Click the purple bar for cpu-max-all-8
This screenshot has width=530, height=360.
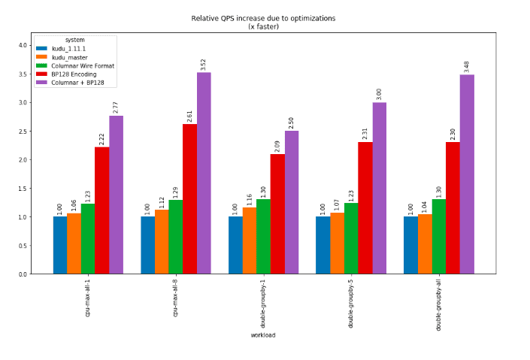click(204, 173)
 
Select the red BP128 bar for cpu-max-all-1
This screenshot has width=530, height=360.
click(101, 210)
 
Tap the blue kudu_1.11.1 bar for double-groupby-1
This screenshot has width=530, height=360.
click(235, 245)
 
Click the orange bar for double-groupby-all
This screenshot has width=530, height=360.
click(425, 244)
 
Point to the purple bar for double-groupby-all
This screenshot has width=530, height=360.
click(467, 174)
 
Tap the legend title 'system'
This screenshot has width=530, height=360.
click(74, 40)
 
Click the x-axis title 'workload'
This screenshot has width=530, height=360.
click(263, 335)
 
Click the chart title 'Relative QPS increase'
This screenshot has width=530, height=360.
click(263, 17)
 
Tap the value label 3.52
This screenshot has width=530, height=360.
click(204, 62)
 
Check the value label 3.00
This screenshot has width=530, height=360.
click(379, 92)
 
